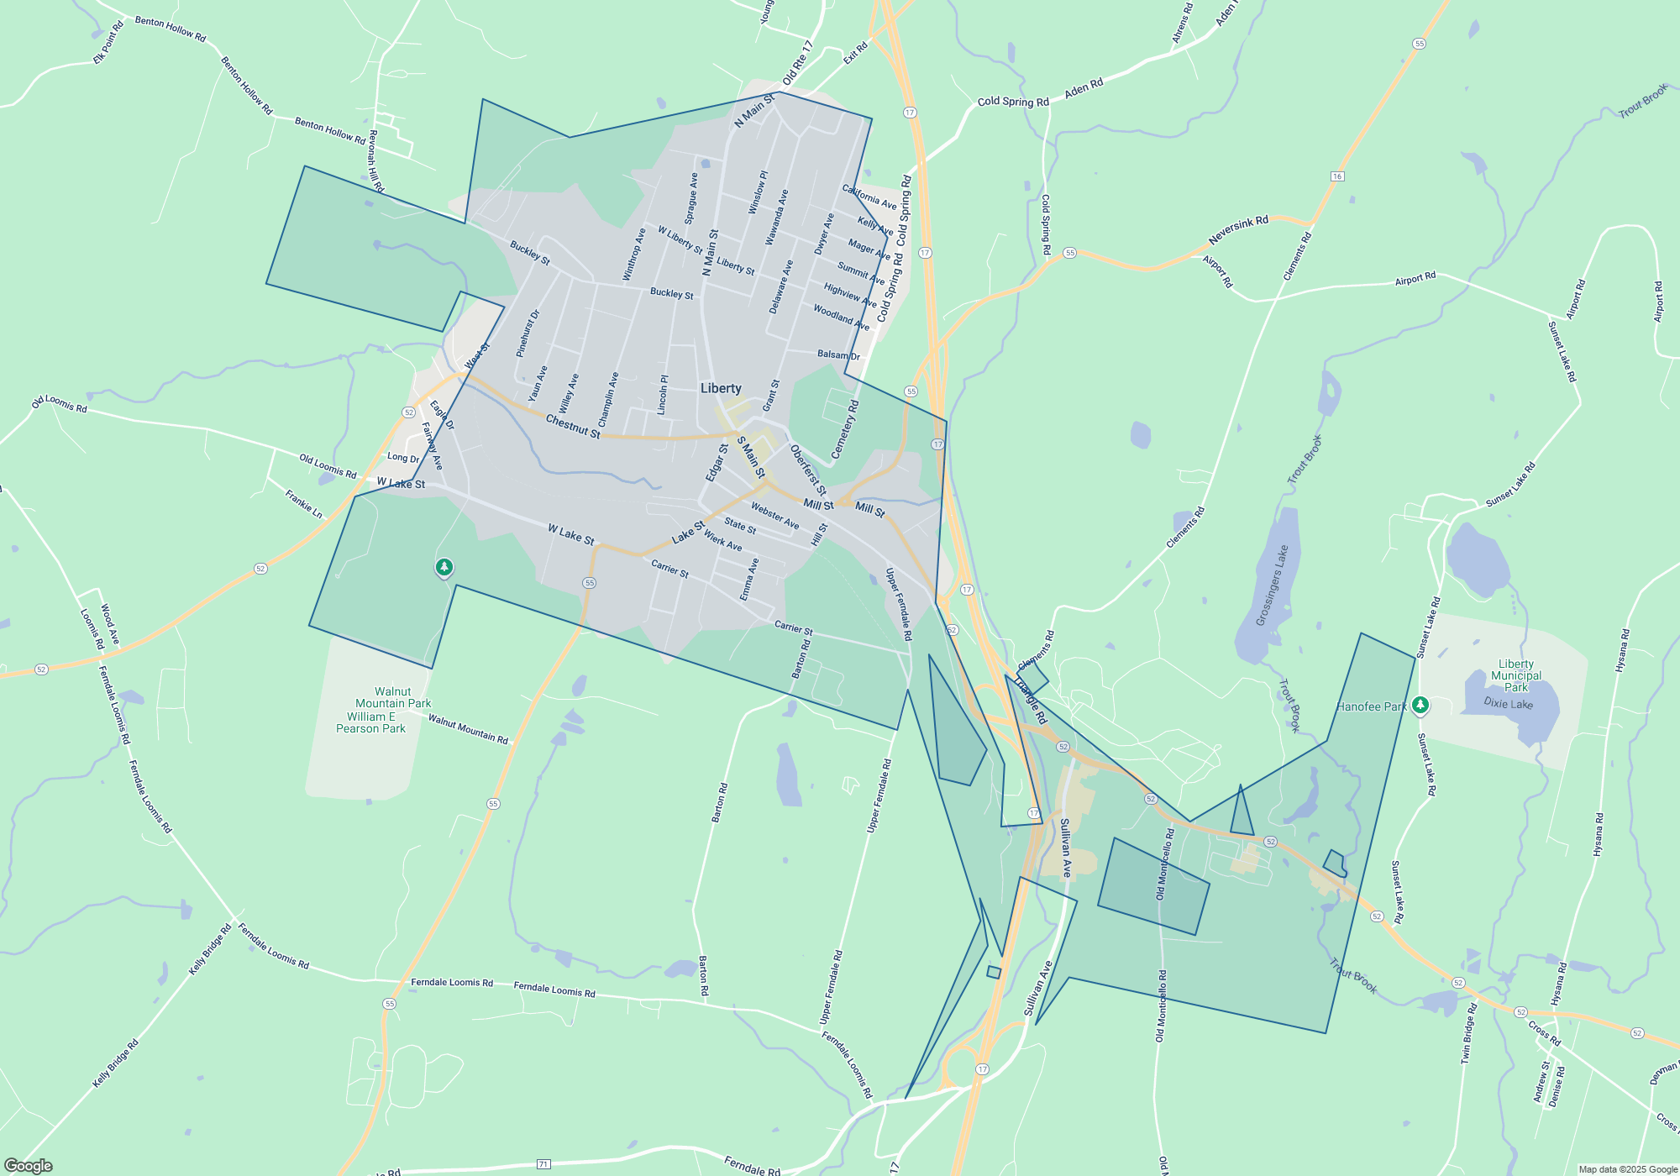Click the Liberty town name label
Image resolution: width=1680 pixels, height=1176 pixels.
pyautogui.click(x=721, y=388)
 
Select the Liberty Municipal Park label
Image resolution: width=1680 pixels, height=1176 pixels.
pyautogui.click(x=1516, y=675)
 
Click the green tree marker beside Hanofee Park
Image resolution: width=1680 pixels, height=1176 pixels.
pyautogui.click(x=1420, y=705)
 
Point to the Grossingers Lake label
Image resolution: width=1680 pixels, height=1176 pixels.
pyautogui.click(x=1272, y=586)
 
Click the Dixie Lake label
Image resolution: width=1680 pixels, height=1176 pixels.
pyautogui.click(x=1508, y=703)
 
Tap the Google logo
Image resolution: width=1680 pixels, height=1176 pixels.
pyautogui.click(x=29, y=1165)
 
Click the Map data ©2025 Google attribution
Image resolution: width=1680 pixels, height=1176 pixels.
pyautogui.click(x=1627, y=1169)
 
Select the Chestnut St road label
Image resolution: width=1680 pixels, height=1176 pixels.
pyautogui.click(x=573, y=427)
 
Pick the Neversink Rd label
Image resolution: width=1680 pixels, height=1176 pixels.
pyautogui.click(x=1238, y=230)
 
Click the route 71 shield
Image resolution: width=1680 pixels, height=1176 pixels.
pyautogui.click(x=543, y=1163)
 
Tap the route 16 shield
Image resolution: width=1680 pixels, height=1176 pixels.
pyautogui.click(x=1337, y=176)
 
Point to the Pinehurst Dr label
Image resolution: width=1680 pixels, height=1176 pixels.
pyautogui.click(x=528, y=333)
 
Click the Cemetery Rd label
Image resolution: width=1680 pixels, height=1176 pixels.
pyautogui.click(x=845, y=429)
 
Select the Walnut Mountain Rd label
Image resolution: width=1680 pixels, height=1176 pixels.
pyautogui.click(x=468, y=728)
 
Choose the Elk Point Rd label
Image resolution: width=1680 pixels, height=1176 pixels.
pyautogui.click(x=108, y=43)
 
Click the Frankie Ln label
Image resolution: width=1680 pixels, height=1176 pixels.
pyautogui.click(x=303, y=503)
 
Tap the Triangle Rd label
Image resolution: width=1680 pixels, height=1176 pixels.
pyautogui.click(x=1030, y=700)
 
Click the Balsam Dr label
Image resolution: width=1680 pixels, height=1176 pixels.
pyautogui.click(x=838, y=355)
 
